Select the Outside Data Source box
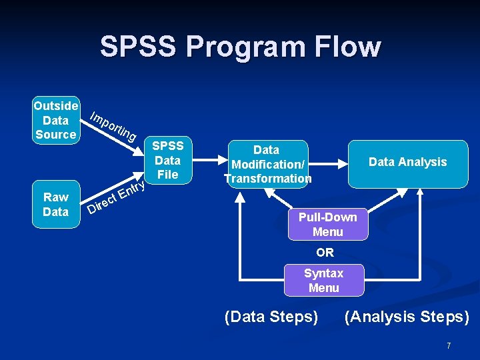pos(56,120)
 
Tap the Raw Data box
pos(56,204)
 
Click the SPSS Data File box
pos(167,161)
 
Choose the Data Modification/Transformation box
pos(267,164)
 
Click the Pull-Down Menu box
pos(327,225)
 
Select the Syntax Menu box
pos(323,281)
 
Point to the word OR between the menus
pos(325,253)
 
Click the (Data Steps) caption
pos(271,316)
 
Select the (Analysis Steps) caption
pos(407,316)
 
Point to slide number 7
pos(449,345)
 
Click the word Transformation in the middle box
pos(268,179)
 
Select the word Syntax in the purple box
pos(323,273)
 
